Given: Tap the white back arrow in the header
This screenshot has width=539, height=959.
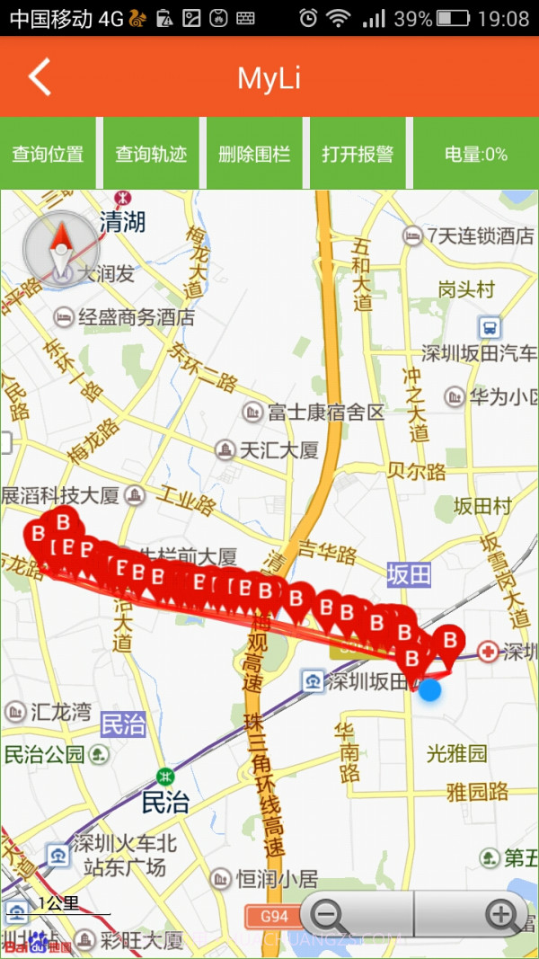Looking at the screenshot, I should pyautogui.click(x=40, y=77).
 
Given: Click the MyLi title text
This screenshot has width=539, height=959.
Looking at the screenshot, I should pyautogui.click(x=269, y=78).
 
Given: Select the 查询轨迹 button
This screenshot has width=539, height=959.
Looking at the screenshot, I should pyautogui.click(x=151, y=154).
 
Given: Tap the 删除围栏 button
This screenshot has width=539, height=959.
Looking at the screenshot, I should pyautogui.click(x=254, y=154).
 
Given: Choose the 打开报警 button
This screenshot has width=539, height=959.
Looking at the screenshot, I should pyautogui.click(x=358, y=154).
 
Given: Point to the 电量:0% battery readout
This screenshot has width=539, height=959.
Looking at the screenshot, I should pyautogui.click(x=475, y=154).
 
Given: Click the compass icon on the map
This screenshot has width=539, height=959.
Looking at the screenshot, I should pyautogui.click(x=59, y=247).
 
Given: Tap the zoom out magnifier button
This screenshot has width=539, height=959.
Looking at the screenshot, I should pyautogui.click(x=330, y=916).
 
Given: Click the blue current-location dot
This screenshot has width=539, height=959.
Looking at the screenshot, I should pyautogui.click(x=430, y=690).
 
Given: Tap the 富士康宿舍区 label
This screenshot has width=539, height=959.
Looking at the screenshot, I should pyautogui.click(x=325, y=413).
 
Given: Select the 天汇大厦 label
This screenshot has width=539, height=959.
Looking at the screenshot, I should pyautogui.click(x=278, y=449).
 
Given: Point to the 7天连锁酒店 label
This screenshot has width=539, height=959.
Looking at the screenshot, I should pyautogui.click(x=480, y=236).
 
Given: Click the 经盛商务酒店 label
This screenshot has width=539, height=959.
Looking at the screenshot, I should pyautogui.click(x=136, y=316).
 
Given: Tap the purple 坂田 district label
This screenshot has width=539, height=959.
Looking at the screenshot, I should pyautogui.click(x=409, y=575).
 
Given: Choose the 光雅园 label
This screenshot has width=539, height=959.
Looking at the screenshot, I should pyautogui.click(x=456, y=753).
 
